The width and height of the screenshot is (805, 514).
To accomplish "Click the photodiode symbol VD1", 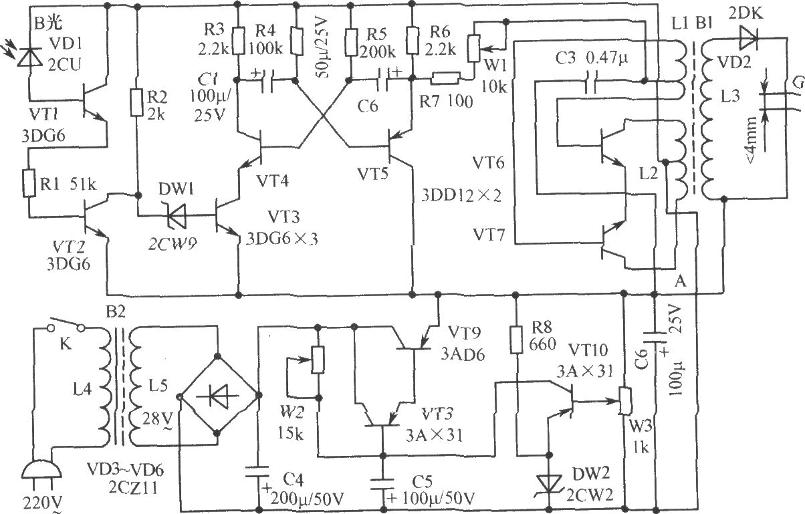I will point(28,58).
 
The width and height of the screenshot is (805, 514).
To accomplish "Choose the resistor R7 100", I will point(443,79).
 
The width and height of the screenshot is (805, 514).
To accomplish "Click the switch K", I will point(66,327).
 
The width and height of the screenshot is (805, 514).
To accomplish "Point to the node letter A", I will point(681,283).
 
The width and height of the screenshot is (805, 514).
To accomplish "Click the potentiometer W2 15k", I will point(318,360).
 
